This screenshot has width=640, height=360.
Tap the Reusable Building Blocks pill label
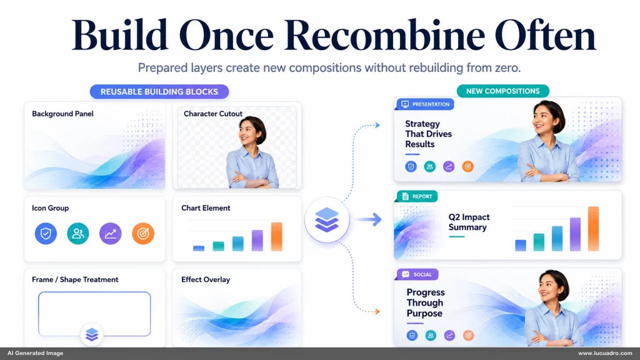[x=159, y=92]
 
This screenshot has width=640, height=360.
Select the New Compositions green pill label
[x=503, y=91]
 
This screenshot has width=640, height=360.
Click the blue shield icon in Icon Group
[x=46, y=234]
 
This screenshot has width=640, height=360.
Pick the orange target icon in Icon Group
[x=143, y=234]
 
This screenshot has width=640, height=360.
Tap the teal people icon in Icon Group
[x=78, y=234]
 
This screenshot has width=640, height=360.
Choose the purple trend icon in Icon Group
[x=111, y=234]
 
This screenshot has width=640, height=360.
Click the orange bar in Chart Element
[x=277, y=236]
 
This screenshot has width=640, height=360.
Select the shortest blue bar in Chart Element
[x=199, y=248]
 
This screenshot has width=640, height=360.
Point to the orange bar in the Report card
[x=594, y=229]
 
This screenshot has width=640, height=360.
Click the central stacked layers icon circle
[x=327, y=219]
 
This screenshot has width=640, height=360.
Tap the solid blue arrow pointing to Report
[x=369, y=219]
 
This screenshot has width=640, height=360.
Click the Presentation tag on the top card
[x=425, y=104]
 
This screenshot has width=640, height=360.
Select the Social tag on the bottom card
[x=417, y=274]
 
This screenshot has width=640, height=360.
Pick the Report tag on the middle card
[x=417, y=196]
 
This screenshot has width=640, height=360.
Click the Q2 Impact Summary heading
[x=469, y=222]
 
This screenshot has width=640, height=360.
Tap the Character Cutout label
[x=213, y=114]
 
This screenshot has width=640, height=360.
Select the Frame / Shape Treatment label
[x=75, y=279]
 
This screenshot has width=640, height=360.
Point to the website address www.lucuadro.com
[x=605, y=353]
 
